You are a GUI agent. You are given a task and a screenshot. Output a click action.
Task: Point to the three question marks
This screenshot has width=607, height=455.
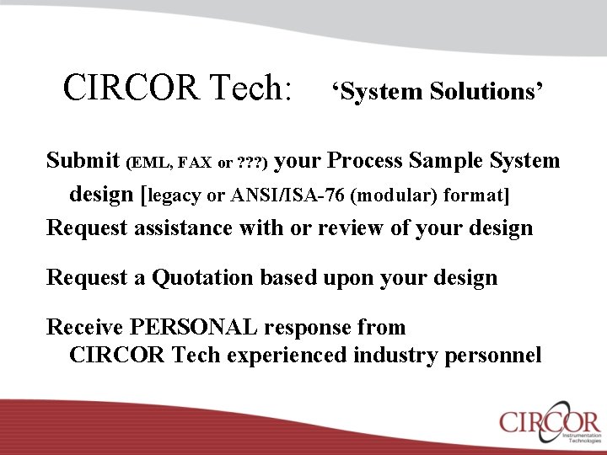pyautogui.click(x=251, y=163)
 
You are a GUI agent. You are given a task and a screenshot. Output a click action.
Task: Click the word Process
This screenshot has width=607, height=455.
pyautogui.click(x=368, y=161)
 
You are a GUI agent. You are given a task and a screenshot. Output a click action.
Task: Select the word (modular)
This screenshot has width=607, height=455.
pyautogui.click(x=395, y=195)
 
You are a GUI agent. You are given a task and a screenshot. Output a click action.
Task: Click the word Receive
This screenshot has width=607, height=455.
pyautogui.click(x=84, y=327)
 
